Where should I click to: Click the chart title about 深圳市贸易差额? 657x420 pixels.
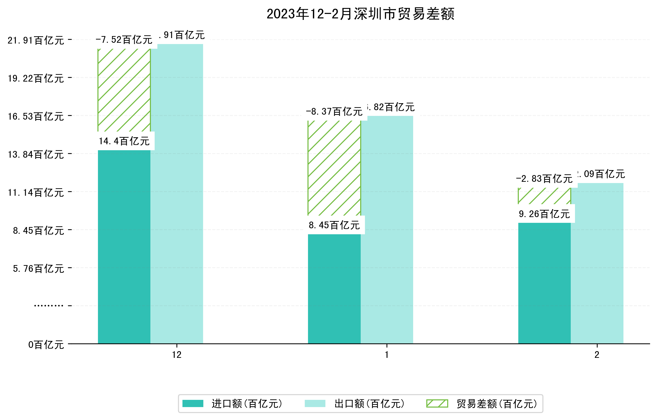pos(360,14)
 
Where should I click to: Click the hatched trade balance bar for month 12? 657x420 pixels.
pos(124,90)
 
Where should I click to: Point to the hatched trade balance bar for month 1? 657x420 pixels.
pos(334,168)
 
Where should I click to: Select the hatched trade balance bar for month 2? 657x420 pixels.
pos(544,196)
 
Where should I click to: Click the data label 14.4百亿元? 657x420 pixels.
pos(124,141)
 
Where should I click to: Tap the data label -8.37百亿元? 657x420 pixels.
pos(334,112)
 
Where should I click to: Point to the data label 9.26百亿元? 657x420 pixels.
pos(544,214)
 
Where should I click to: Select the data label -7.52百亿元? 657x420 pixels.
pos(124,40)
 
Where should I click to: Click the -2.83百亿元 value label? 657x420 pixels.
pos(544,179)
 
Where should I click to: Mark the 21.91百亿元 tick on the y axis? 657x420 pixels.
pos(36,40)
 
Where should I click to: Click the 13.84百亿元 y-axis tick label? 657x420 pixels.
pos(36,155)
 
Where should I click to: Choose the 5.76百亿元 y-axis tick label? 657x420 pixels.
pos(39,269)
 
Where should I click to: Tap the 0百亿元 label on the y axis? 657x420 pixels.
pos(46,345)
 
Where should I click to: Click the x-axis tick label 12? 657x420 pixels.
pos(176,355)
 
